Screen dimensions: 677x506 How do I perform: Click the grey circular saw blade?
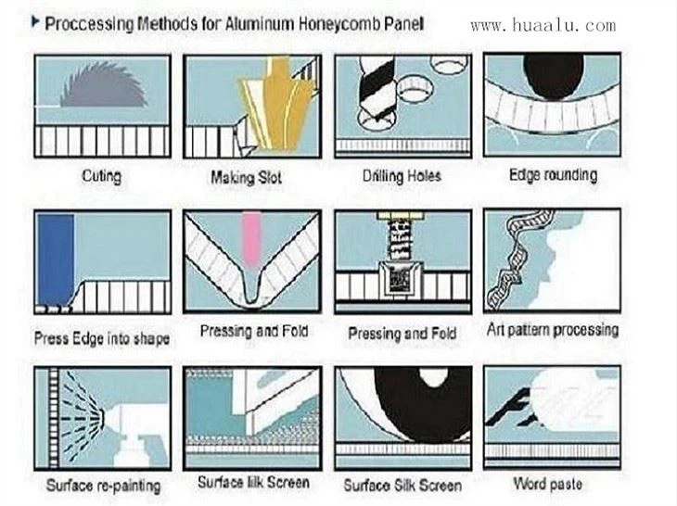(103, 86)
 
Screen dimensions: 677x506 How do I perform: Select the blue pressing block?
(56, 260)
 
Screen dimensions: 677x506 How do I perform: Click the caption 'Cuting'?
(102, 176)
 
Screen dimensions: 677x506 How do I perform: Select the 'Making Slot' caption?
(246, 177)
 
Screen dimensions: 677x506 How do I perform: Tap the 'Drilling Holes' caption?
(402, 176)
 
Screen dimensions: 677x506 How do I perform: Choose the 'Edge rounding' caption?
(553, 175)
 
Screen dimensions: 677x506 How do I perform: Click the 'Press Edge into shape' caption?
(102, 338)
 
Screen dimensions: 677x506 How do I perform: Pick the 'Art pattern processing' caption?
(553, 330)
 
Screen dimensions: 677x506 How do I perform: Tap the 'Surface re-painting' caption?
(103, 486)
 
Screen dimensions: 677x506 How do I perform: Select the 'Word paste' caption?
(547, 484)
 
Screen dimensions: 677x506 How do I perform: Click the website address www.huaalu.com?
(543, 25)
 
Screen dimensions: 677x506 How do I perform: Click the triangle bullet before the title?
(35, 21)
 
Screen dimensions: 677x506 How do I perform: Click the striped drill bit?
(377, 88)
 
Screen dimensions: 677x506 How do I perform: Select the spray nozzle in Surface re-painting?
(102, 419)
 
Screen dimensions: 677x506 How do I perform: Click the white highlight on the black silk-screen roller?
(433, 377)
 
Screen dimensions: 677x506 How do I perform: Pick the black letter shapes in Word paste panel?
(509, 408)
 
